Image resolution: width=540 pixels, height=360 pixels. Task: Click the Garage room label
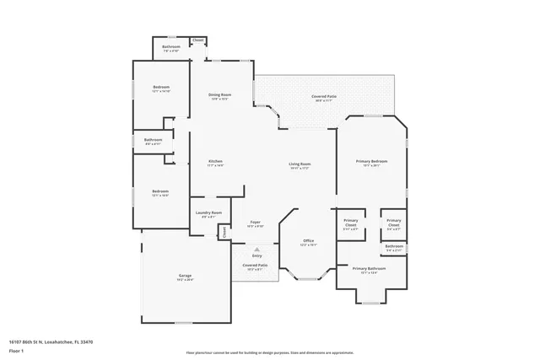[185, 276]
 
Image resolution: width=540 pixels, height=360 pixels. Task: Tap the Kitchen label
[215, 161]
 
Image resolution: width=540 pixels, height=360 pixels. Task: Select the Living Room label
[300, 164]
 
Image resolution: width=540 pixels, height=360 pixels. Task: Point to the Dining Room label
[220, 94]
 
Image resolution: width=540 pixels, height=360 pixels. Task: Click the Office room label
[309, 241]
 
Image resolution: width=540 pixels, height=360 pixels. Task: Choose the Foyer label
[255, 223]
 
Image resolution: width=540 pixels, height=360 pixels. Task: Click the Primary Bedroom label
[371, 161]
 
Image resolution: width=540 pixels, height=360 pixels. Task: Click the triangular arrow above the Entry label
[256, 250]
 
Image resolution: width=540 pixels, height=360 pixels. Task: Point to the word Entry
[256, 255]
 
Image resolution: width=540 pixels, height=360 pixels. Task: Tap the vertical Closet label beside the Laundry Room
[224, 231]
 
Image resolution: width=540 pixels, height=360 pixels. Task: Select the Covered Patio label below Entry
[256, 265]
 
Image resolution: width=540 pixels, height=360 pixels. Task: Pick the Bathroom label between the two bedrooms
[153, 140]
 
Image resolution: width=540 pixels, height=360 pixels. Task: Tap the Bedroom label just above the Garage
[160, 191]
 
